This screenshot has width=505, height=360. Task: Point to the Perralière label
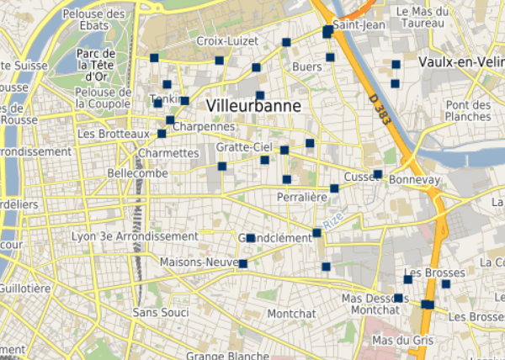tap(301, 197)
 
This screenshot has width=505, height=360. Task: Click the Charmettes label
tap(167, 154)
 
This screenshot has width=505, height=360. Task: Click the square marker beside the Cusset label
tap(378, 174)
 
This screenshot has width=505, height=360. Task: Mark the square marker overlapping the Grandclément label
tap(250, 238)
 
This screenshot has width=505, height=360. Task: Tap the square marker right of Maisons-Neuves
tap(243, 264)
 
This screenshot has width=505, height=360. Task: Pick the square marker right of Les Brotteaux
tap(162, 134)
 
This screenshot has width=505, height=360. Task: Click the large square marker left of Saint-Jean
tap(327, 31)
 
